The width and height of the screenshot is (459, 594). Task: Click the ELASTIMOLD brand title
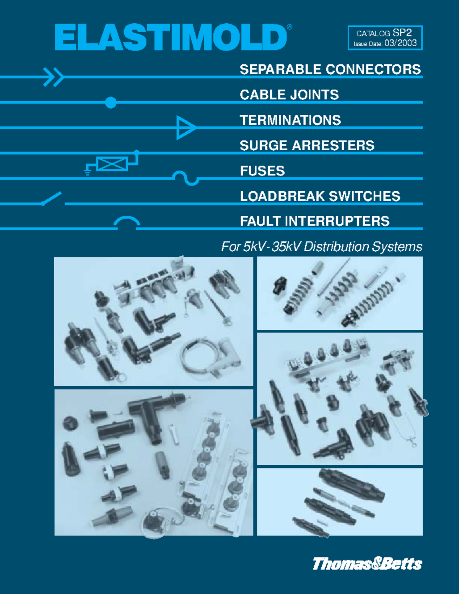point(171,37)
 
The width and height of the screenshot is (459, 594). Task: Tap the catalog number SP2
point(402,33)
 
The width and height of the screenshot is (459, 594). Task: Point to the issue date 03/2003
point(400,43)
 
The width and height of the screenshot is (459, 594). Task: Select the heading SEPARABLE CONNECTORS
point(330,70)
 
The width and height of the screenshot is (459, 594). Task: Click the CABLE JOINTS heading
point(289,95)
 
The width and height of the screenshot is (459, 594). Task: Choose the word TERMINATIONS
point(290,120)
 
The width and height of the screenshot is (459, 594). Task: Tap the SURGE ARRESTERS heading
point(307,145)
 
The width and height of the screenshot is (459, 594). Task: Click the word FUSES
point(262,171)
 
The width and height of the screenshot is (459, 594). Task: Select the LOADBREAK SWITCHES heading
point(320,196)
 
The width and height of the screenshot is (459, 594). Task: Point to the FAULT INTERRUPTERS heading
point(315,221)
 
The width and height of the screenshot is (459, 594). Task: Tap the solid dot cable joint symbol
point(111,103)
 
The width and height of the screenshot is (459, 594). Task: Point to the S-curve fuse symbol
point(186,179)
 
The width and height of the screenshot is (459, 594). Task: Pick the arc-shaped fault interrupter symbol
point(127,219)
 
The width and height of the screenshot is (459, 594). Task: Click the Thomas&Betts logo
point(367,564)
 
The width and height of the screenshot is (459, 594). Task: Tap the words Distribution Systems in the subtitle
point(363,247)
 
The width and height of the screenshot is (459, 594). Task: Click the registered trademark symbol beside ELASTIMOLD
point(290,27)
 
